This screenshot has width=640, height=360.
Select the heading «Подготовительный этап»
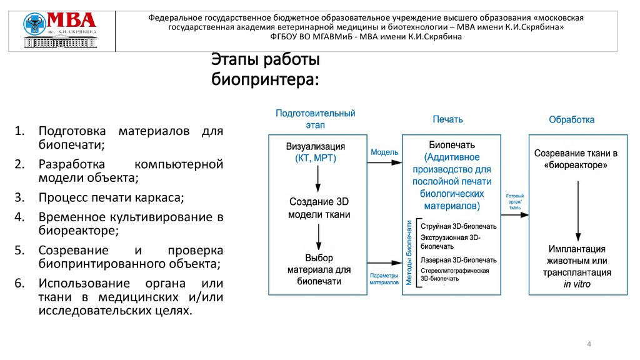[x=315, y=119]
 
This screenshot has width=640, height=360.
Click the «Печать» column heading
[x=447, y=119]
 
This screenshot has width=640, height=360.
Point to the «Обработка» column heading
[x=571, y=119]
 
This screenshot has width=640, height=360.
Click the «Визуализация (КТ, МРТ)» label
[x=316, y=152]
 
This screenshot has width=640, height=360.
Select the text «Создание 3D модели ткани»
[x=319, y=208]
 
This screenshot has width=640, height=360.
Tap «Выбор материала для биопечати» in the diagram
[x=319, y=269]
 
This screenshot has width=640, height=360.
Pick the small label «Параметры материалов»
[x=384, y=279]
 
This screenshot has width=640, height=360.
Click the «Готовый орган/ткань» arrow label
[x=514, y=202]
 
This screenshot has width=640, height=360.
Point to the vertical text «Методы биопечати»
[x=409, y=252]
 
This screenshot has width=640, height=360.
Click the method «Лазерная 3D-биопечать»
[x=459, y=259]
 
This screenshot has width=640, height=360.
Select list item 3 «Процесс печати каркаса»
[x=112, y=197]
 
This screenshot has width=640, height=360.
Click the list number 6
[x=19, y=282]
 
